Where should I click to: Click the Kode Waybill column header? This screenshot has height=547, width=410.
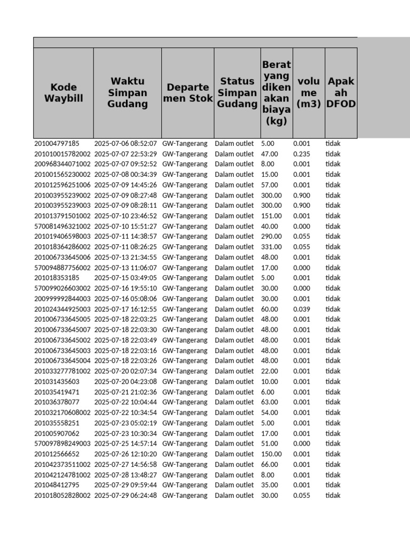(64, 92)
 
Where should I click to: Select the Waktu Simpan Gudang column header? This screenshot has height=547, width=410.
(127, 92)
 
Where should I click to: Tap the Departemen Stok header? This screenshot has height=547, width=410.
(187, 92)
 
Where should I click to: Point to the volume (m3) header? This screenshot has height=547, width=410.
(309, 92)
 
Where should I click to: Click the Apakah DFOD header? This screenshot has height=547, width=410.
(341, 92)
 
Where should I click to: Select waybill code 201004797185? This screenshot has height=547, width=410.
(57, 144)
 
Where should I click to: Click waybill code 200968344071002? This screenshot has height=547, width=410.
(62, 164)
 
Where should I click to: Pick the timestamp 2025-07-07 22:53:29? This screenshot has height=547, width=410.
(125, 154)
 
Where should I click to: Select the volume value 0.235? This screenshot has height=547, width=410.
(302, 154)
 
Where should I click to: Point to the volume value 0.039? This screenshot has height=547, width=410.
(302, 309)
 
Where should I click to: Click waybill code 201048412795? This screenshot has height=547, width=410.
(57, 485)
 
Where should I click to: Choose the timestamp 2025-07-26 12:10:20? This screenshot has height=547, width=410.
(125, 454)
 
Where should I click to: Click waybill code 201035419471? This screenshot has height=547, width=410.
(57, 392)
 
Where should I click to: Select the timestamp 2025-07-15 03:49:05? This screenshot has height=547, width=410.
(125, 278)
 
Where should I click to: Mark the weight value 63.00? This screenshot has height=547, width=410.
(270, 402)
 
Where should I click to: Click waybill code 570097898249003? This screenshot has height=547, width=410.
(62, 443)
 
